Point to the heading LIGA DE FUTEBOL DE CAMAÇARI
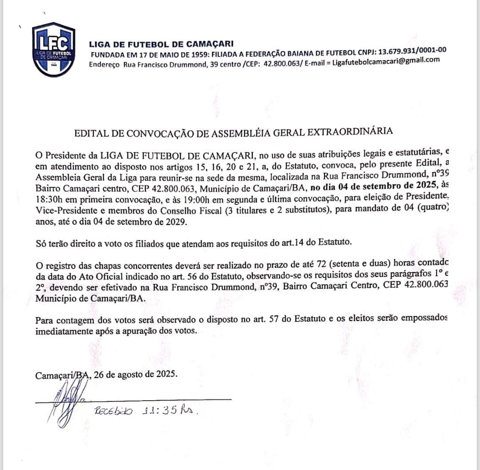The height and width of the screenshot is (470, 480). tap(161, 44)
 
